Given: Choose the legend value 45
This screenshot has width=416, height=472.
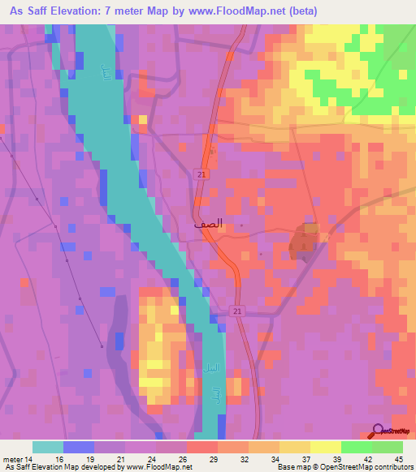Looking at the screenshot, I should click(x=399, y=458).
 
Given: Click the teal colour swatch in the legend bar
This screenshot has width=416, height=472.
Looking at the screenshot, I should click(x=48, y=447).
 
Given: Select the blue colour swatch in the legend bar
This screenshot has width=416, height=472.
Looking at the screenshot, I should click(x=78, y=447).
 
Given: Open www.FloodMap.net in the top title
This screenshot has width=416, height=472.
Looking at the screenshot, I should click(x=232, y=11).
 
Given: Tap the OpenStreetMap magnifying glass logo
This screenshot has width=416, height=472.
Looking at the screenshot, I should click(x=379, y=431).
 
